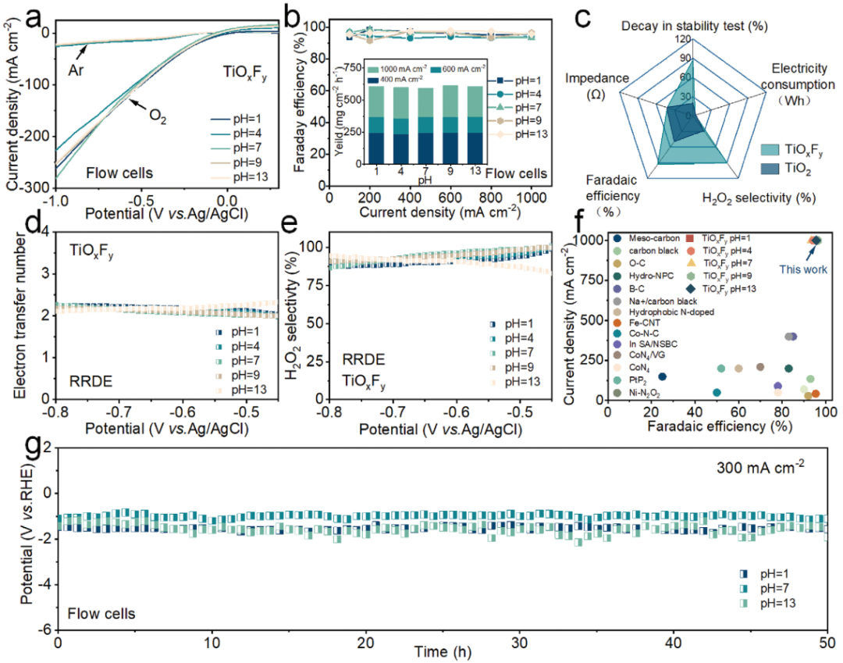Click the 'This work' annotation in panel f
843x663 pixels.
point(799,269)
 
